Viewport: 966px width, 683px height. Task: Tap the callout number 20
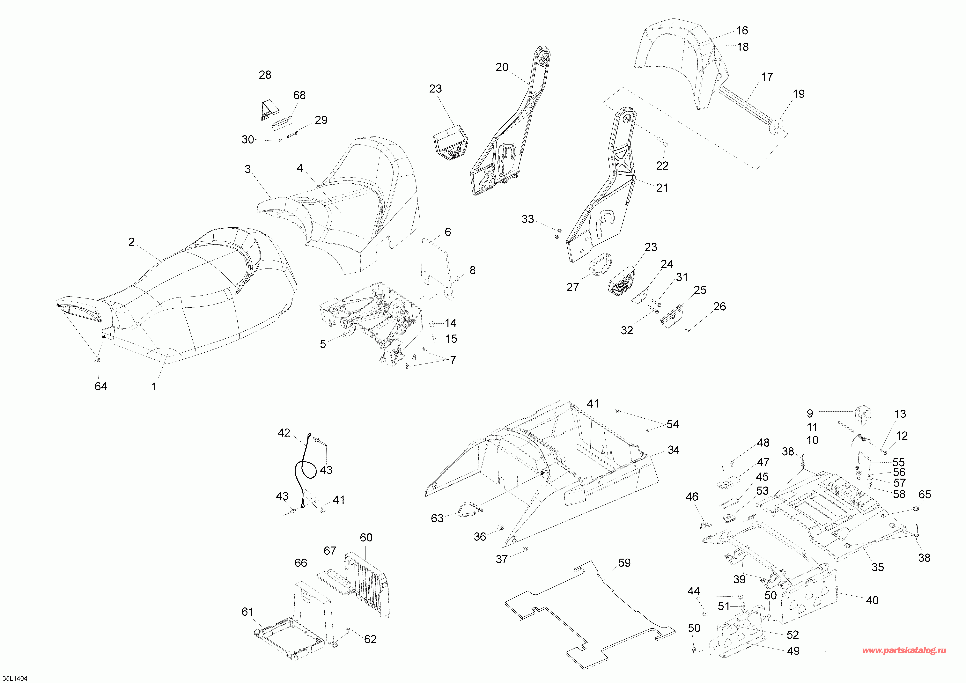(502, 67)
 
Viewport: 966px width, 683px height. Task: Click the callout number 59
(624, 563)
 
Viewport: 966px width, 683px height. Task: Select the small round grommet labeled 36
(501, 528)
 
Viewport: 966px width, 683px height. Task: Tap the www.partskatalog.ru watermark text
(904, 650)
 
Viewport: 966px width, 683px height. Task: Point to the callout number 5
(323, 344)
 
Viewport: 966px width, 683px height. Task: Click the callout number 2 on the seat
(132, 242)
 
